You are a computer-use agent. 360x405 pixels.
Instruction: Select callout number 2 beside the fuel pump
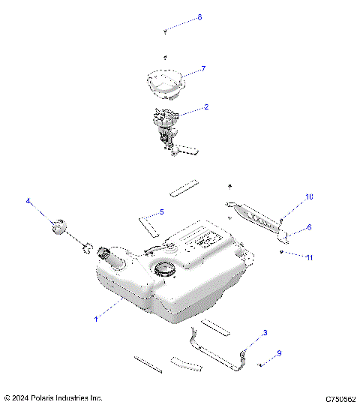(206, 107)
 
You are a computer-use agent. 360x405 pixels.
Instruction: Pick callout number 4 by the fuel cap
(28, 201)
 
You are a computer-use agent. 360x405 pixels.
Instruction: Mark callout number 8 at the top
(199, 17)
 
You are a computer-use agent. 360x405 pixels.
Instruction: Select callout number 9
(279, 353)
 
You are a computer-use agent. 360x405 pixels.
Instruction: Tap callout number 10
(308, 196)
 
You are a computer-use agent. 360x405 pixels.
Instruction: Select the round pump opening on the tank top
(163, 269)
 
